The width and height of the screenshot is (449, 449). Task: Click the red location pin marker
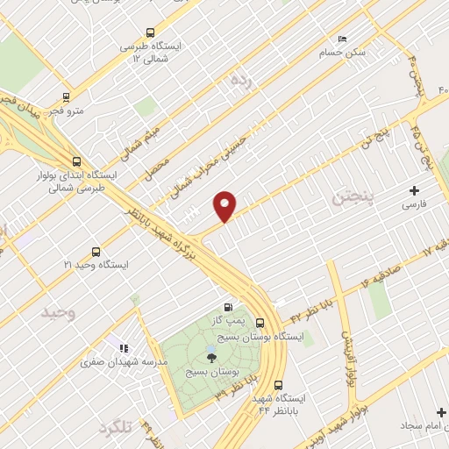point(225,204)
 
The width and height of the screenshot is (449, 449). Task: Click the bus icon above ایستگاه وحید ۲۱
point(96,252)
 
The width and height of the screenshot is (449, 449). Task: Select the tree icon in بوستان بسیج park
point(210,355)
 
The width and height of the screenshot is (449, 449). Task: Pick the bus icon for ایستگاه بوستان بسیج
point(261,323)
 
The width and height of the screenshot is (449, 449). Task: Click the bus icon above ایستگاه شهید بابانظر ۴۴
point(278,384)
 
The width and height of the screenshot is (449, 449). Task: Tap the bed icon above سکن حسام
point(342,39)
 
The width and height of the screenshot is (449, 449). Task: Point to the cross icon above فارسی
point(414,190)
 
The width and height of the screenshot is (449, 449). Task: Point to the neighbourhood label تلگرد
point(115,427)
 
